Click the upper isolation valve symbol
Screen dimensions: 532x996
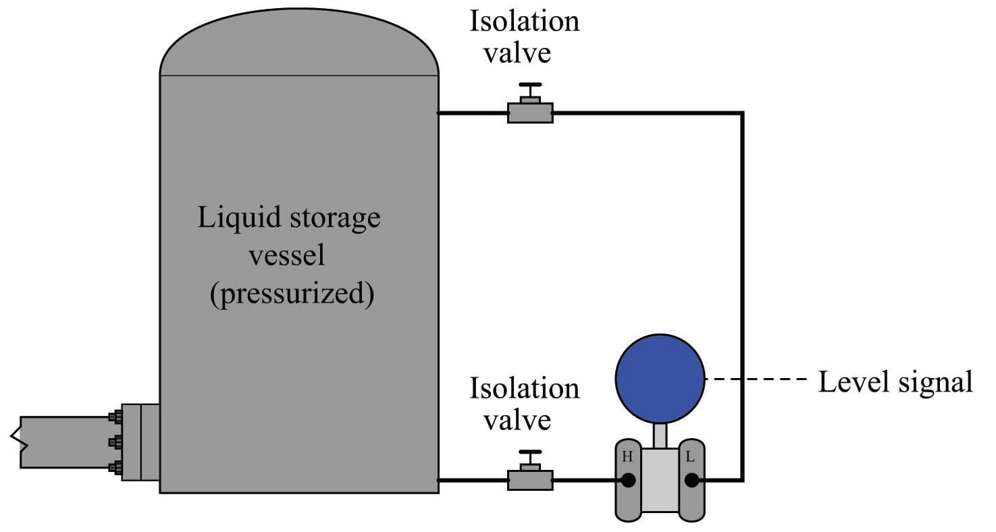(x=530, y=112)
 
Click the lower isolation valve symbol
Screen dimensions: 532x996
(x=530, y=479)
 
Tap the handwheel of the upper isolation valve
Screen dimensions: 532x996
(x=530, y=86)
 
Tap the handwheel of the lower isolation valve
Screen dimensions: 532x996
(x=530, y=453)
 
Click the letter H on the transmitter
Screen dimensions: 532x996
(x=627, y=457)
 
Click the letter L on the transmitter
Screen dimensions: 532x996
(x=690, y=457)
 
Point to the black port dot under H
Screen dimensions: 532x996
(x=628, y=480)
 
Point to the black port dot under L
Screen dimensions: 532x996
(x=691, y=480)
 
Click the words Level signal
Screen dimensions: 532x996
(x=895, y=381)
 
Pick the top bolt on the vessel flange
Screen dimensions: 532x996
(x=115, y=417)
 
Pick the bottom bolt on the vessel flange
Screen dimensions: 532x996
(x=115, y=467)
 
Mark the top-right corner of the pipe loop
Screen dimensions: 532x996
(x=742, y=113)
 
